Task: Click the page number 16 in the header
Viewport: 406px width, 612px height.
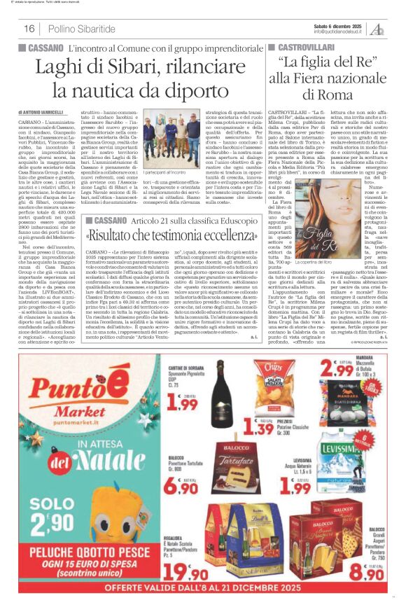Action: pyautogui.click(x=29, y=29)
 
